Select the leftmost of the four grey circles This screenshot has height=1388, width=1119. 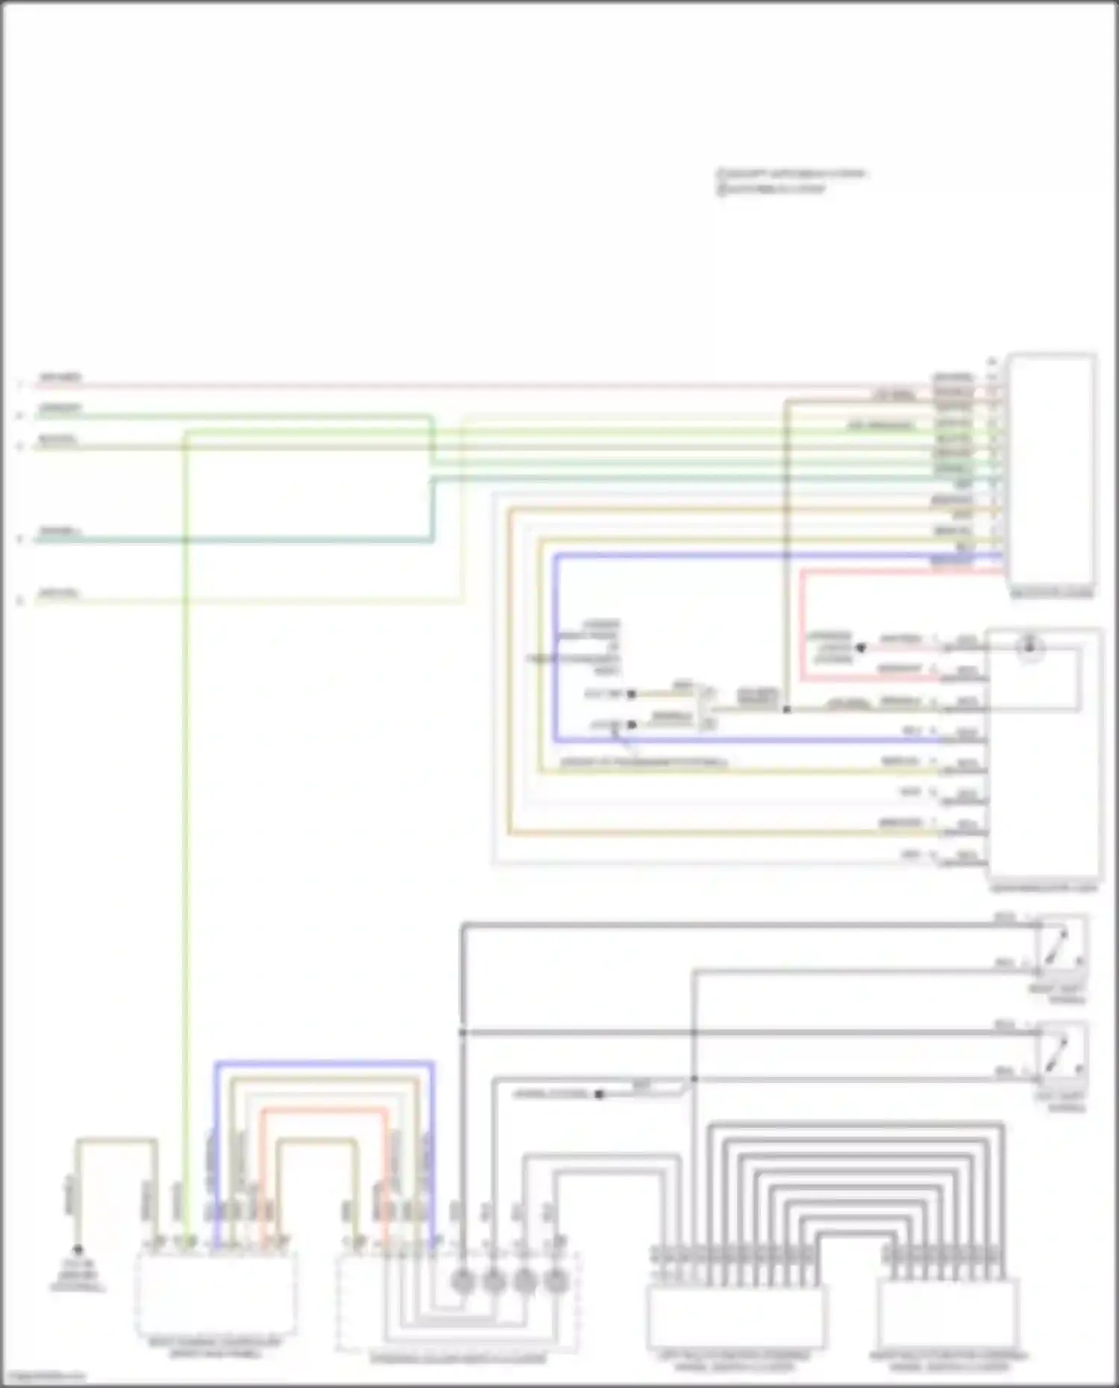(x=463, y=1281)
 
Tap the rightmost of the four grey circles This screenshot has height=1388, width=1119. (x=556, y=1281)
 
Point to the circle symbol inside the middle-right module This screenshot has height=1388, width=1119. (x=1030, y=647)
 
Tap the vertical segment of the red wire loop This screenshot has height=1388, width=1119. (x=802, y=625)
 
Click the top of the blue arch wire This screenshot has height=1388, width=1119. (x=324, y=1063)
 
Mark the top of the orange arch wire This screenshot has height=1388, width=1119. (x=324, y=1110)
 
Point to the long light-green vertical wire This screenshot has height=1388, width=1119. (x=186, y=820)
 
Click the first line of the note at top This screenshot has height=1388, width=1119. (x=791, y=174)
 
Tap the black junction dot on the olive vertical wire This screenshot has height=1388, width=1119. (x=786, y=709)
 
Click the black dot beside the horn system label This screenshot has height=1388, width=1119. (x=599, y=1094)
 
